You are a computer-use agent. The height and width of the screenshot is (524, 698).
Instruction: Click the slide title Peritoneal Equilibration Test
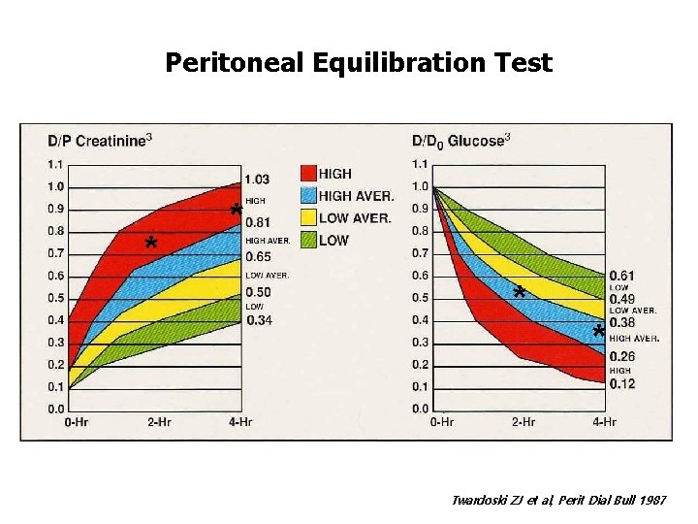(x=358, y=63)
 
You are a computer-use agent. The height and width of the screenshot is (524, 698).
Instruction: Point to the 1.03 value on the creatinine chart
(x=257, y=180)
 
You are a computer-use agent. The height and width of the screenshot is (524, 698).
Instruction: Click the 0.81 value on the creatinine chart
(x=257, y=223)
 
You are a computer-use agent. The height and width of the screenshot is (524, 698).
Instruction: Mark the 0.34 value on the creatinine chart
(x=259, y=320)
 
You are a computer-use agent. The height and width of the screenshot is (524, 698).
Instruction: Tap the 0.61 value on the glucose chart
(x=621, y=277)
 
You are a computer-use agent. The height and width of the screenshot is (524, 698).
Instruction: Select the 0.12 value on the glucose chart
(x=621, y=384)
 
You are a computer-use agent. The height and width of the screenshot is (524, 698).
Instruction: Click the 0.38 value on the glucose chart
(x=621, y=323)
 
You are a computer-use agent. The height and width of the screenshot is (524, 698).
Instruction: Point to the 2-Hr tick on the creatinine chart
(x=160, y=422)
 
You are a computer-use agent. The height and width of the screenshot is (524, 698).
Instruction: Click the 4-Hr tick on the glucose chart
(x=604, y=422)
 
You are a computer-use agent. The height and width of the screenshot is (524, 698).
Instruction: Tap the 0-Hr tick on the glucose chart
(x=442, y=422)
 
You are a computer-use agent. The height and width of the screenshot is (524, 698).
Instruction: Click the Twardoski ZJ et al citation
(x=559, y=500)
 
